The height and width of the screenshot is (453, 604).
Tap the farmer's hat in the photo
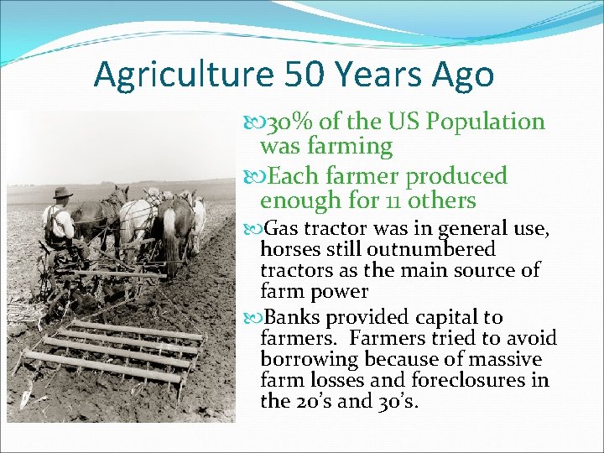61,194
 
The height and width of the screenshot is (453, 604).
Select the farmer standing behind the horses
59,222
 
